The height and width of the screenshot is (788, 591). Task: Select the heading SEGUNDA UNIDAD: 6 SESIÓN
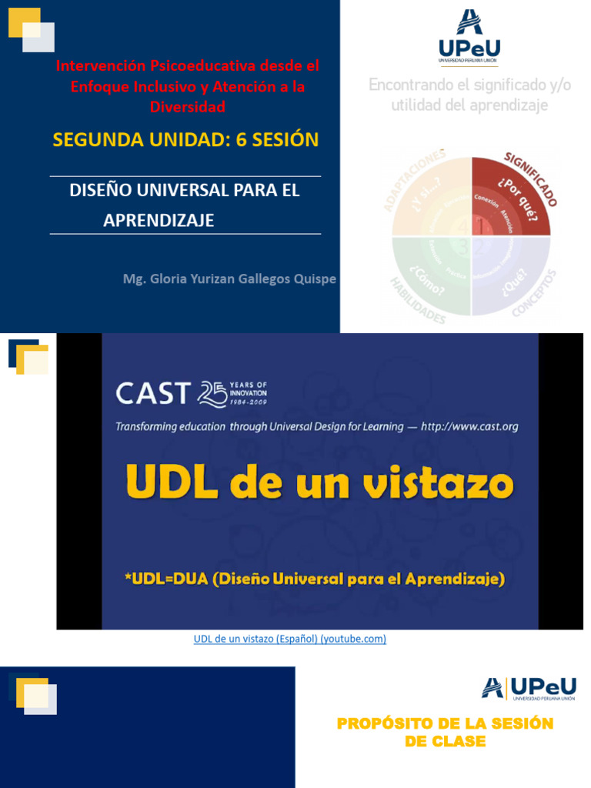[185, 139]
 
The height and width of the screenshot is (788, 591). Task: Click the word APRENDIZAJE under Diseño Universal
[159, 221]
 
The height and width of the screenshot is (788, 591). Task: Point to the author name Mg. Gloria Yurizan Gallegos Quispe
[229, 279]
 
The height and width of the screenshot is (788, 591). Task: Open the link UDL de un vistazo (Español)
[290, 639]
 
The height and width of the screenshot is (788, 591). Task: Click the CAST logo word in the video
[152, 394]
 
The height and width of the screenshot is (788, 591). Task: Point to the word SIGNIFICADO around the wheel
[531, 179]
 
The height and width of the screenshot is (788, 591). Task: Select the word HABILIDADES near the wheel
[416, 301]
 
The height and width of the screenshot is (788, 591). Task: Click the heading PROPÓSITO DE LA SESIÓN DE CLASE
[445, 733]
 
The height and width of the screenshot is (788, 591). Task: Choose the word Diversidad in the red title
[187, 107]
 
